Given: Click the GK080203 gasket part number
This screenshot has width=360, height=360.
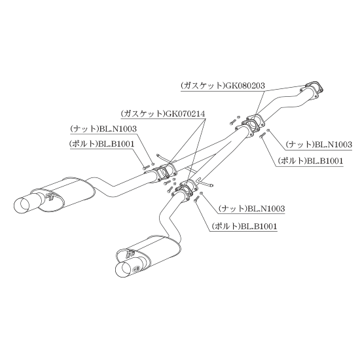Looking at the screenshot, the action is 245,86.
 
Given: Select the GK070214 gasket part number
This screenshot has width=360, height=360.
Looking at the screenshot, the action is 185,114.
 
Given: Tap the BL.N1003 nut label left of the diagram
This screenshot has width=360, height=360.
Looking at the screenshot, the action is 118,129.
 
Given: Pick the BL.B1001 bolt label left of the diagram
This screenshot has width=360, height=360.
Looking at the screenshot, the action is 116,144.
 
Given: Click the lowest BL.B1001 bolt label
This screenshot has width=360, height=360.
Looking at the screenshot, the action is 259,226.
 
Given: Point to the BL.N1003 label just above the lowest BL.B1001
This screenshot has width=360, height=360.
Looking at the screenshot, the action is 266,209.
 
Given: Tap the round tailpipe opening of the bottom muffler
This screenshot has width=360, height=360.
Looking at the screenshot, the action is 123,270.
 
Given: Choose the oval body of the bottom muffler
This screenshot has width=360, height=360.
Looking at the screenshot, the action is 149,253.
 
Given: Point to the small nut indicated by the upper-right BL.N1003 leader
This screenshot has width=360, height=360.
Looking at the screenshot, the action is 268,131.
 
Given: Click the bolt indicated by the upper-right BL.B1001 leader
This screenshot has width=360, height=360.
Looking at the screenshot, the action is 262,135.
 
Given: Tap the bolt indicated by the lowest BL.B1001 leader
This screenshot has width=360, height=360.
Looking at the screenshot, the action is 197,198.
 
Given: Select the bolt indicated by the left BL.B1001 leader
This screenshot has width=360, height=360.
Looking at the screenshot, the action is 146,168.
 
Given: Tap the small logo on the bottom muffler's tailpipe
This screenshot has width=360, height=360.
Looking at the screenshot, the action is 135,268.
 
